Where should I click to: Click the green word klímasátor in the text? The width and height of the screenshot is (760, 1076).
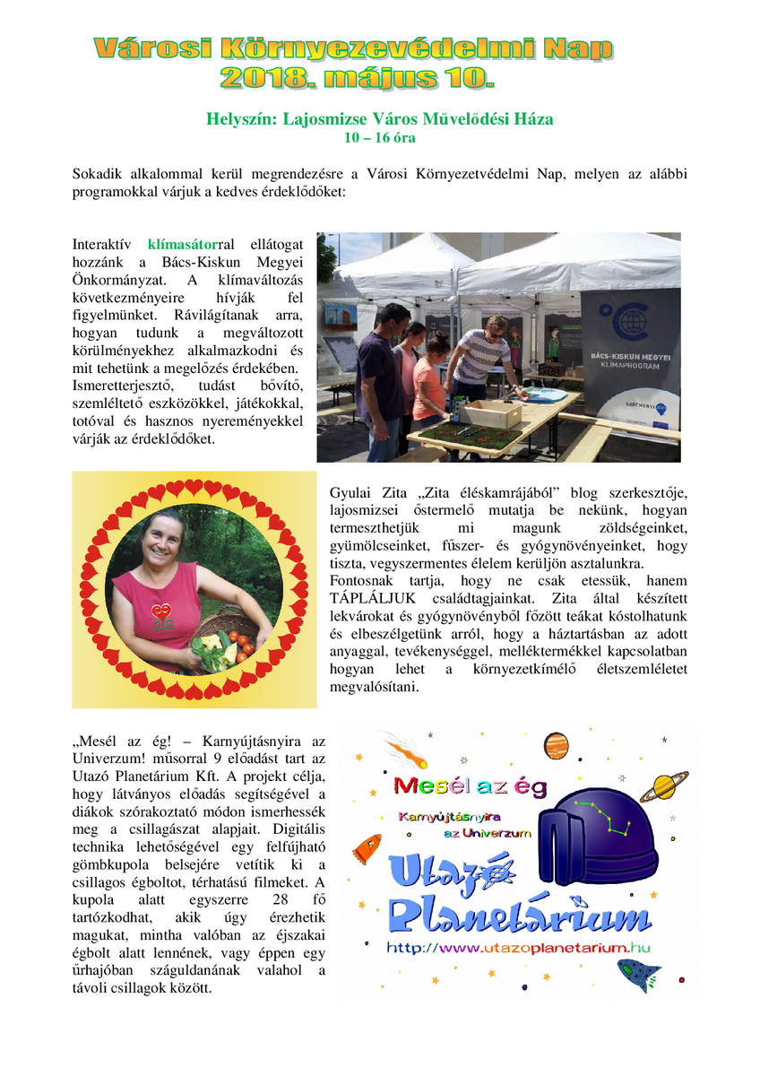(x=183, y=244)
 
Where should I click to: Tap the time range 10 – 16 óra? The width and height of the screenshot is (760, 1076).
(x=380, y=138)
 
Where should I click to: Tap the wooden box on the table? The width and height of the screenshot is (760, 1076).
(x=490, y=413)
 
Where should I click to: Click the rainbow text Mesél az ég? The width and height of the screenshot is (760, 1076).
(x=470, y=786)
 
